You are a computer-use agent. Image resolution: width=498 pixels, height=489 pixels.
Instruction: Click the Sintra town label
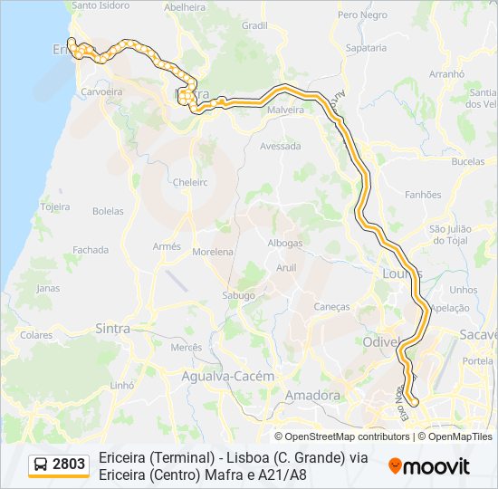(112, 329)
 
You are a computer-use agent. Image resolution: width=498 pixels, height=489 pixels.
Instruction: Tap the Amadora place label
(312, 396)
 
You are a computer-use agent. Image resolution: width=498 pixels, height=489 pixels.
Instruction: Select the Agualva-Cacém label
(221, 376)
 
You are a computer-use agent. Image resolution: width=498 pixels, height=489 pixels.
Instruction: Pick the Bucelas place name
(467, 162)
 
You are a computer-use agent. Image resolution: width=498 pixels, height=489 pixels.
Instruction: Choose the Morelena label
(213, 252)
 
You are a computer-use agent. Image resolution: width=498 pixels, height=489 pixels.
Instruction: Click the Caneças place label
(331, 307)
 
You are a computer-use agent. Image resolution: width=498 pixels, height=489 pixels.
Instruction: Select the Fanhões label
(423, 195)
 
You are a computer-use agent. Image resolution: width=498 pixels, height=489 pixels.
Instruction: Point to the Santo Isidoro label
(101, 5)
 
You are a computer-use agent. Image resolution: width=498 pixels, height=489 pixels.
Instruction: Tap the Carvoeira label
(101, 92)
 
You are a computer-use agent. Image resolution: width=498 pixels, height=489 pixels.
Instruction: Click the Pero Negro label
(361, 15)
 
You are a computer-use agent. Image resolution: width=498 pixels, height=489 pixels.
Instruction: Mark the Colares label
(36, 335)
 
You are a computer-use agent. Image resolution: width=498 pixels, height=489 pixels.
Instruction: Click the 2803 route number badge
(69, 465)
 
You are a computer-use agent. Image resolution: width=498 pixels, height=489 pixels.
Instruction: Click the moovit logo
(429, 466)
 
